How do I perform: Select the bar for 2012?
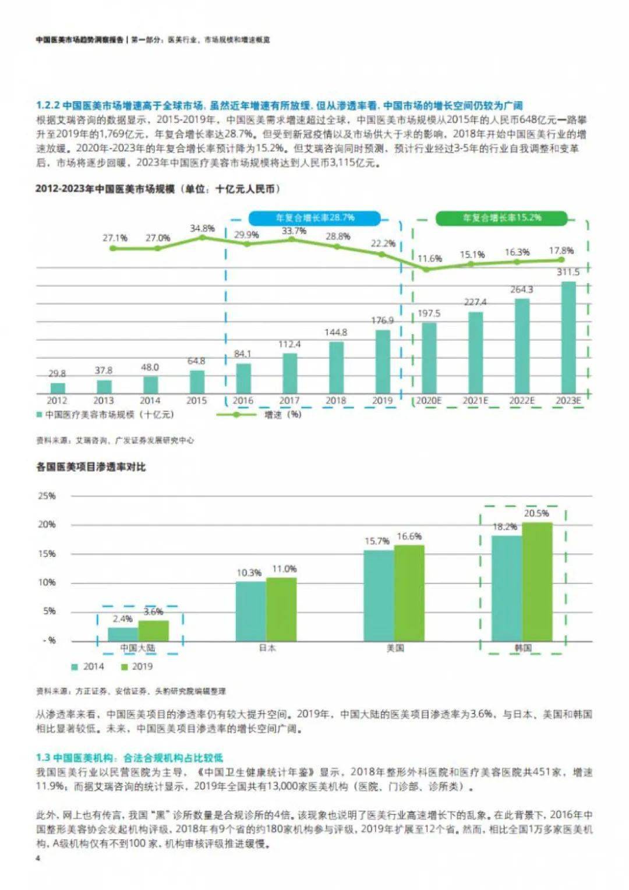click(58, 387)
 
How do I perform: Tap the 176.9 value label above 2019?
click(382, 320)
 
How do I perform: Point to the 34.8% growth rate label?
click(202, 228)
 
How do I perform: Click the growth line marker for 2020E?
click(426, 269)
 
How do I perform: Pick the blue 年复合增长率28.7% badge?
click(314, 218)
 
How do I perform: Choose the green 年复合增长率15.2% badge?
click(501, 218)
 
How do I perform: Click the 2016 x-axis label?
click(243, 401)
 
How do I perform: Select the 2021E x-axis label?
click(475, 401)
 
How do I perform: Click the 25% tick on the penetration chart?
click(47, 496)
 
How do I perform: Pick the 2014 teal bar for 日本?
click(251, 611)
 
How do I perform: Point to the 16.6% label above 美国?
click(409, 536)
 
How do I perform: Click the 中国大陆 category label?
click(138, 648)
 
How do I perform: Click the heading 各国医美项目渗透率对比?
click(91, 467)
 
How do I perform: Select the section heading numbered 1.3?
click(129, 758)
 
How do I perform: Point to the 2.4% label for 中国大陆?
click(123, 619)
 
